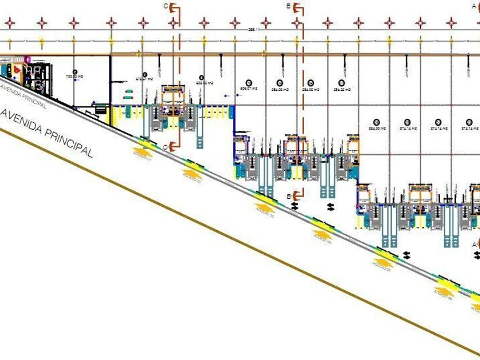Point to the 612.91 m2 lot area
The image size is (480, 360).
click(144, 79)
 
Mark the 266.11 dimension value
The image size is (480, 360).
click(254, 29)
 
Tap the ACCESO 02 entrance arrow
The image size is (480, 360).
click(193, 171)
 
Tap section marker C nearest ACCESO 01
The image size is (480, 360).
click(166, 147)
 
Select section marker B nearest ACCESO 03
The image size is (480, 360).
click(290, 197)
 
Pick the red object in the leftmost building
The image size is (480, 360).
click(17, 69)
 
